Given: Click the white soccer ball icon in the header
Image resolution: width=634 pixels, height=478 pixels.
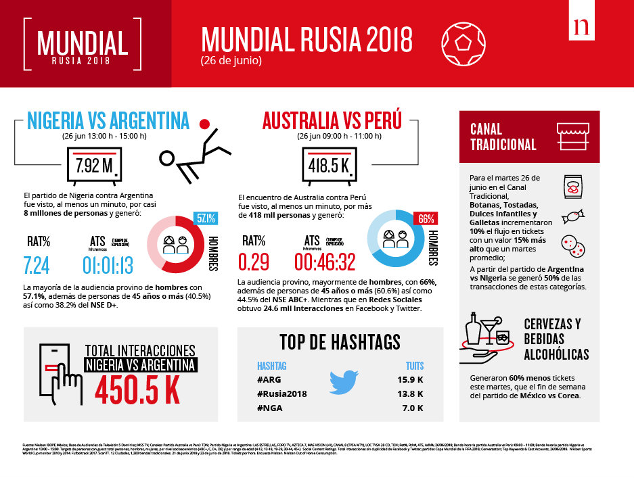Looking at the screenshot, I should pyautogui.click(x=463, y=42).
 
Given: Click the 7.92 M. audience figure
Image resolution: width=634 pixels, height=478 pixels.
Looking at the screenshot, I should pyautogui.click(x=94, y=165).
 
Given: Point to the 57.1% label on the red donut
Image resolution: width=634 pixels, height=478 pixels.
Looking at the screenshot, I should pyautogui.click(x=206, y=218).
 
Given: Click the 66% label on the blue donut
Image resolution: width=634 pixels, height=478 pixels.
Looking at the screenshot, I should pyautogui.click(x=426, y=218).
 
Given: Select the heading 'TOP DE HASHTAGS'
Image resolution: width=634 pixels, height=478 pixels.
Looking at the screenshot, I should pyautogui.click(x=340, y=342).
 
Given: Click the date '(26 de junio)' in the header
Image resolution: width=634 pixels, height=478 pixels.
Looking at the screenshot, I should pyautogui.click(x=231, y=60).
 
